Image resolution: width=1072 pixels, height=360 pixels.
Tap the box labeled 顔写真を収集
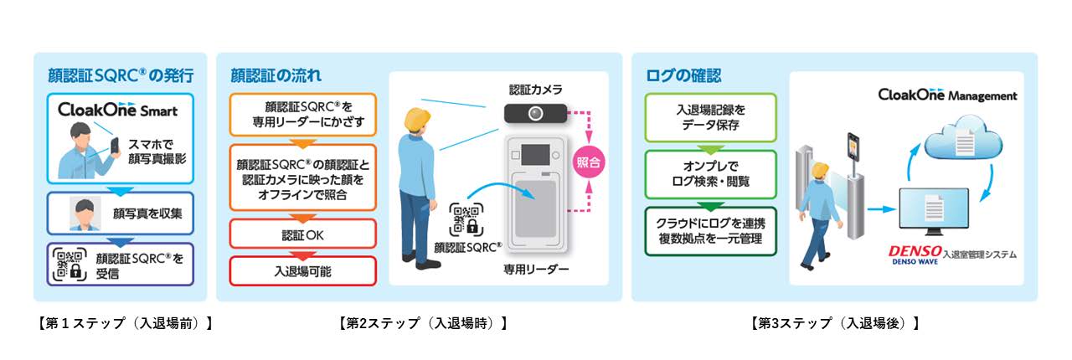click(120, 214)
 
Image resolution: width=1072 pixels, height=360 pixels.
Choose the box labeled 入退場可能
click(302, 270)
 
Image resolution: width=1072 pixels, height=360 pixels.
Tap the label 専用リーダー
click(535, 270)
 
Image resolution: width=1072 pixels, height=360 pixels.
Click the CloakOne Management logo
click(947, 95)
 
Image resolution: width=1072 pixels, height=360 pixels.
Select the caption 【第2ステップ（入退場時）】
click(423, 323)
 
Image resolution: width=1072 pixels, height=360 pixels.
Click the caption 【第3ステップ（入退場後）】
click(835, 323)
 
